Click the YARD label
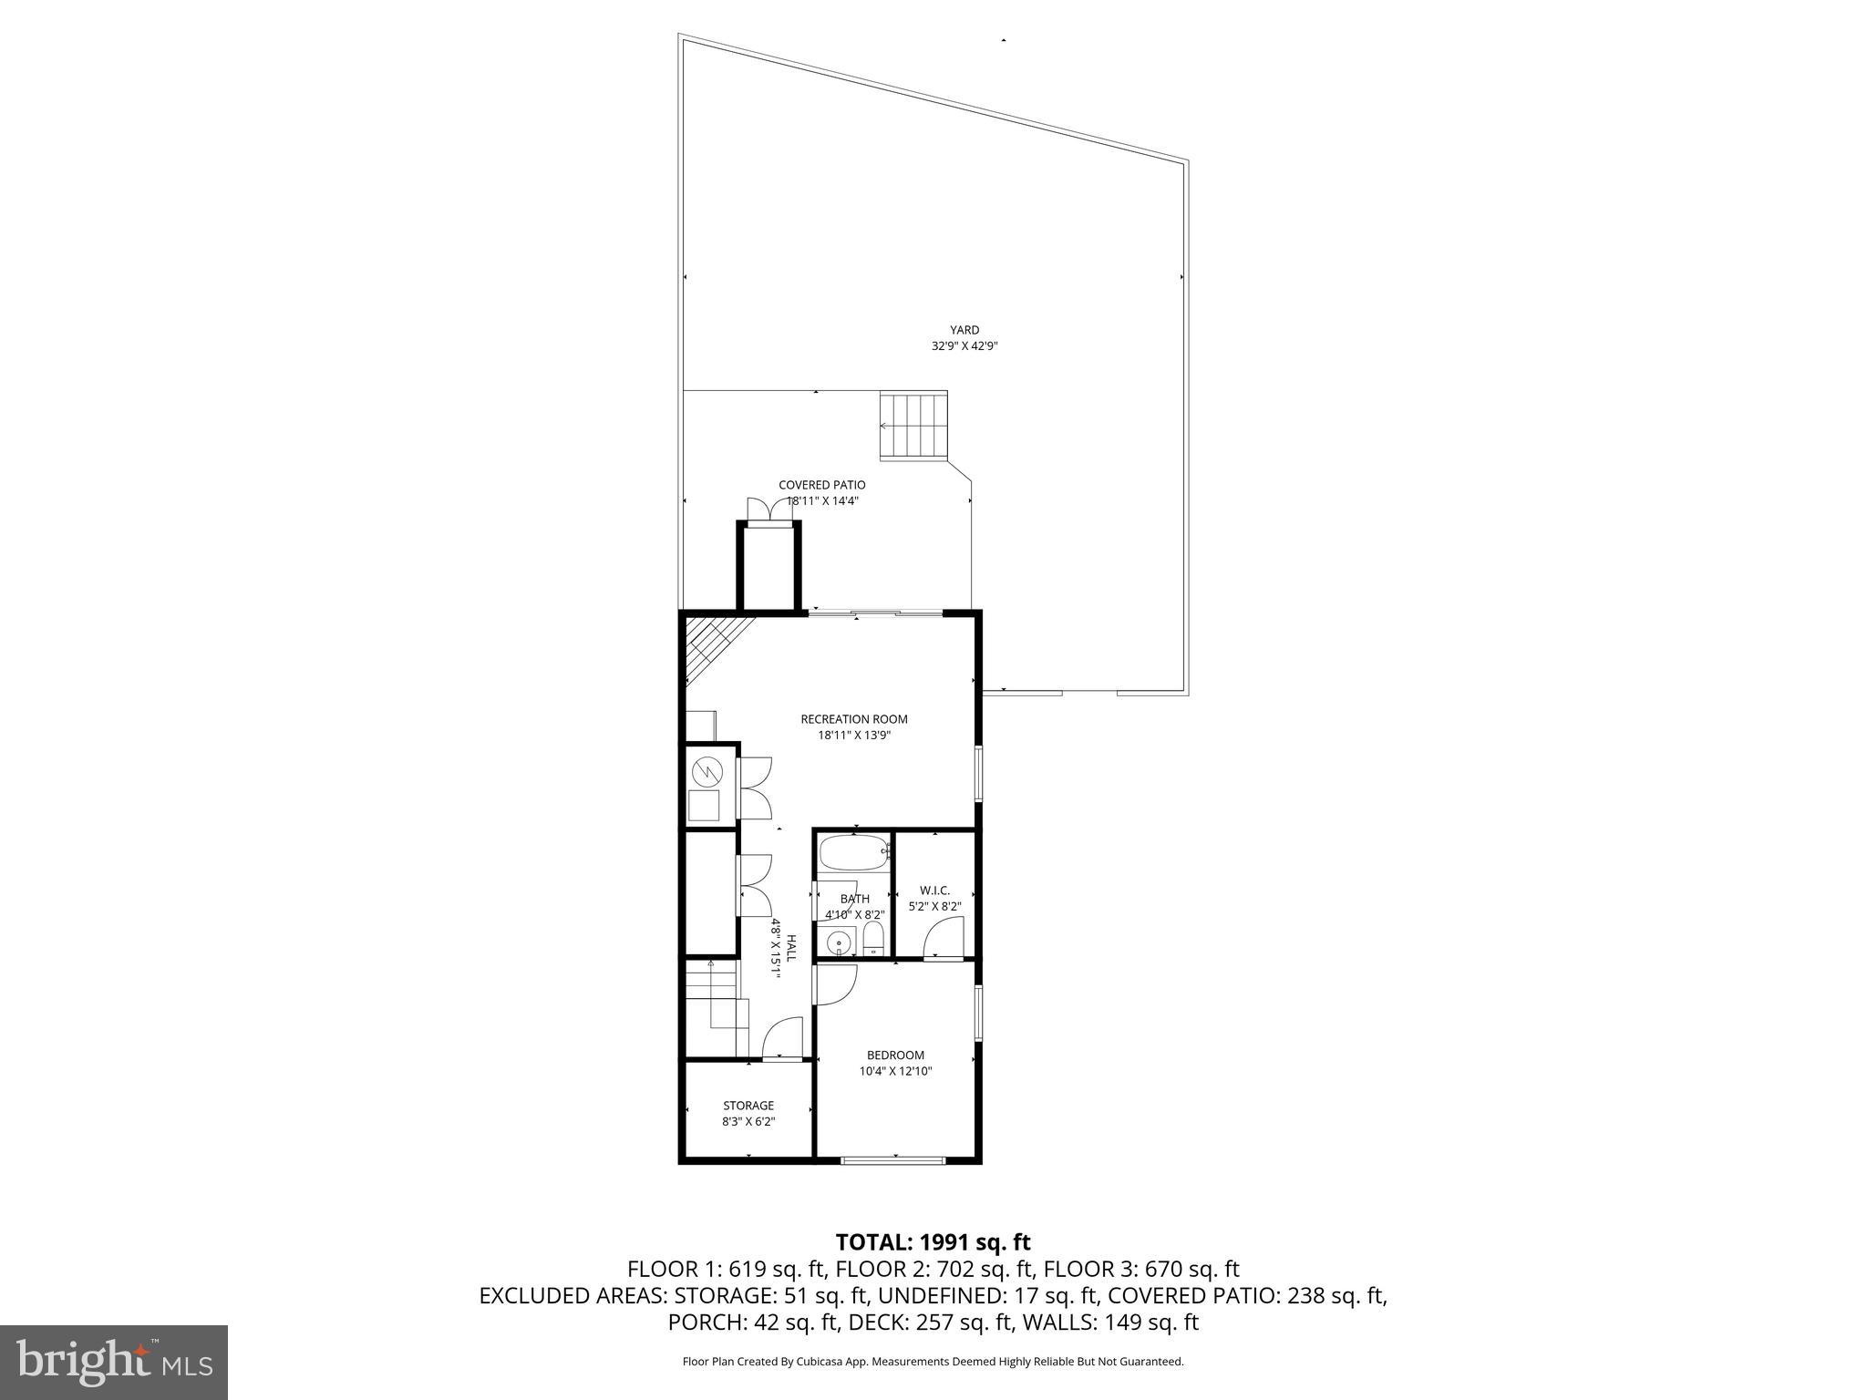tap(964, 330)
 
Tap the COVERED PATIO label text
tap(821, 485)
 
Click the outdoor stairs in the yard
tap(913, 426)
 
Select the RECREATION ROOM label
tap(854, 719)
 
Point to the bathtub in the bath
tap(853, 854)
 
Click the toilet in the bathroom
tap(873, 939)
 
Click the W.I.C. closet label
tap(934, 890)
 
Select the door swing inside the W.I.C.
tap(944, 940)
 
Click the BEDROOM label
tap(895, 1055)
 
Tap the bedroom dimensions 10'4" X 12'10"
tap(895, 1072)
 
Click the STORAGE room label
tap(748, 1106)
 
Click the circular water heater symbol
tap(706, 774)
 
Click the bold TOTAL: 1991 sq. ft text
tap(933, 1242)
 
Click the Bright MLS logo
tap(114, 1362)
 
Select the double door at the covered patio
tap(769, 510)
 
